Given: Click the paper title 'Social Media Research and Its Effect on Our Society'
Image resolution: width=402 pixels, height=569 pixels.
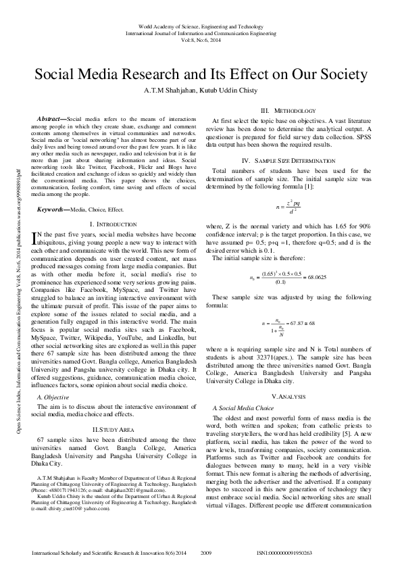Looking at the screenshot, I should click(201, 74).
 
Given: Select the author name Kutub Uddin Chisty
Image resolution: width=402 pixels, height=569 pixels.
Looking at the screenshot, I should click(228, 89).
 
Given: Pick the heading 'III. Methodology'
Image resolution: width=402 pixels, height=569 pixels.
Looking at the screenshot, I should click(288, 110).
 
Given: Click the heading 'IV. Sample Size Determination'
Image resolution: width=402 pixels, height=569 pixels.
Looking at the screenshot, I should click(288, 160).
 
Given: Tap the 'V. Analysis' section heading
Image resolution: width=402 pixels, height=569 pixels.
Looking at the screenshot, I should click(288, 395).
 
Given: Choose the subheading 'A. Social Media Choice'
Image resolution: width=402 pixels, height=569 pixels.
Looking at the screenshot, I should click(243, 409).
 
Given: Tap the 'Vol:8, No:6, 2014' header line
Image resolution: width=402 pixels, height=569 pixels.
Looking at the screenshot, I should click(201, 39).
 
